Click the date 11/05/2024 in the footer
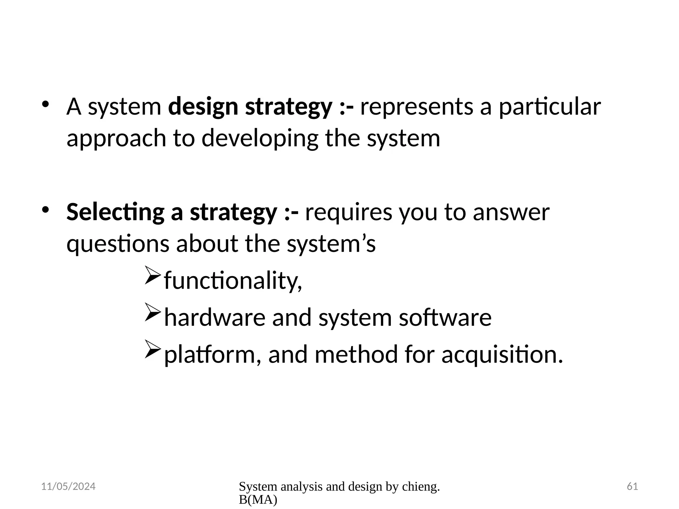[68, 486]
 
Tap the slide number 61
[632, 486]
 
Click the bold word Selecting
[115, 212]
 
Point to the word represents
[416, 107]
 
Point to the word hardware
[215, 317]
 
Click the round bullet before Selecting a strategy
[45, 209]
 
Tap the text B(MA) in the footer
[258, 500]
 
